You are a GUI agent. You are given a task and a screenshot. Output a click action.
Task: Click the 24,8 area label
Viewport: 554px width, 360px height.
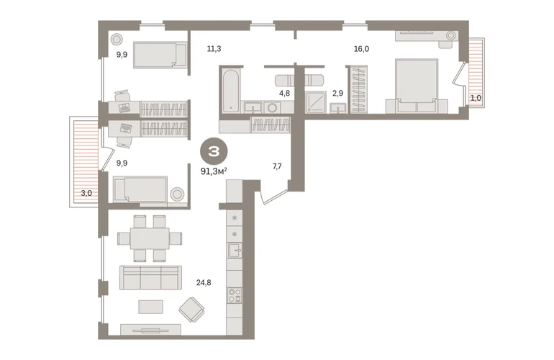(204, 282)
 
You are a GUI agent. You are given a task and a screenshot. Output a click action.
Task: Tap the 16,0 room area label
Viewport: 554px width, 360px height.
(361, 49)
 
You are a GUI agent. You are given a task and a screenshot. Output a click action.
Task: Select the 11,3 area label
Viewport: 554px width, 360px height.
(214, 49)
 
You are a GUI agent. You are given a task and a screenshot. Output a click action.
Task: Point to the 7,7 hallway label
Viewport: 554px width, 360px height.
(277, 166)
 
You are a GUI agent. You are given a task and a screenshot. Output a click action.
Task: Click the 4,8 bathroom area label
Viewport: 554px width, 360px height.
(284, 94)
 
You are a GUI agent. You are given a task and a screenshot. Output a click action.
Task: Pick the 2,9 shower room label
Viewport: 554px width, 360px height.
(337, 94)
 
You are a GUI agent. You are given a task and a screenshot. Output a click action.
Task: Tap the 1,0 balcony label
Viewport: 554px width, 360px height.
(476, 98)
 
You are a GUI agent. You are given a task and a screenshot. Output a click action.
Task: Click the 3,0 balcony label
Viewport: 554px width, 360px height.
(86, 193)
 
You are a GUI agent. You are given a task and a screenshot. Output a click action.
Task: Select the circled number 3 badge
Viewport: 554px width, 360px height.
(214, 152)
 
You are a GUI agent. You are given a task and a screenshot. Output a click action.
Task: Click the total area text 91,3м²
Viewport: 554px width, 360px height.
(214, 171)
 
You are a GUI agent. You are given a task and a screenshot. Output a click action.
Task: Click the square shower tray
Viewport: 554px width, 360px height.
(316, 102)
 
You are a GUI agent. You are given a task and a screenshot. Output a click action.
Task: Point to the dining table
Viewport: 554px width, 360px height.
(150, 239)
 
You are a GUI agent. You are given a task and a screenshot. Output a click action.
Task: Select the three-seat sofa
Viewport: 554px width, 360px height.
(150, 278)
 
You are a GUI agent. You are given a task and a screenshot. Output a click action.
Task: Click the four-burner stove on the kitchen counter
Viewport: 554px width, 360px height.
(235, 295)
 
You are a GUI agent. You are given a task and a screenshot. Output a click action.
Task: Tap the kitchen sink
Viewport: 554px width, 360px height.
(235, 251)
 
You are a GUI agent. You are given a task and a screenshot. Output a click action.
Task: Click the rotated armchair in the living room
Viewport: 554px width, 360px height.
(191, 310)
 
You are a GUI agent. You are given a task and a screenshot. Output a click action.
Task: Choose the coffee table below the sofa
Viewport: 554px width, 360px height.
(151, 307)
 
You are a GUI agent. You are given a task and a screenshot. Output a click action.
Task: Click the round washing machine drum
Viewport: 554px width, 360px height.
(272, 107)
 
